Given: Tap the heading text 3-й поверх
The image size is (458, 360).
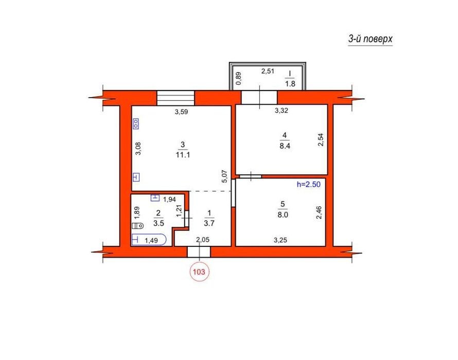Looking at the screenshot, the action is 370,39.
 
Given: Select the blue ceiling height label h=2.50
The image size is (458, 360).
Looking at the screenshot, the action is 308,184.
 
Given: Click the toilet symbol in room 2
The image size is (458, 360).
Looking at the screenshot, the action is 137,226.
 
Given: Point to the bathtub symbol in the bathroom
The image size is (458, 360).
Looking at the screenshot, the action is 149,240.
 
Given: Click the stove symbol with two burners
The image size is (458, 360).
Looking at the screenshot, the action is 136,124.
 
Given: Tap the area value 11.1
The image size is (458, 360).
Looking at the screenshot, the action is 183,155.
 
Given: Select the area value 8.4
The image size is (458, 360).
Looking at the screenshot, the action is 285,146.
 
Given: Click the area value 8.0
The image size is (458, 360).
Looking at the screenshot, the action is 283,214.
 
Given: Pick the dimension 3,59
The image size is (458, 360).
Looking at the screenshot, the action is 181,112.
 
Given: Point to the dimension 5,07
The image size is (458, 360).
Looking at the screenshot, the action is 224,176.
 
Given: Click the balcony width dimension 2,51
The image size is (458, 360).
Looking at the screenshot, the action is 268,71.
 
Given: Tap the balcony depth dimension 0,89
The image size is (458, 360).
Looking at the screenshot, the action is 239,78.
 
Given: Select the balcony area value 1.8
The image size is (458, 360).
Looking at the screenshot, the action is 290,84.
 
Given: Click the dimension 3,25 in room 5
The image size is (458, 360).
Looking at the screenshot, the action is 280,240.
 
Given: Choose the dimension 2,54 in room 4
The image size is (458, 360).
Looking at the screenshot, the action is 321,140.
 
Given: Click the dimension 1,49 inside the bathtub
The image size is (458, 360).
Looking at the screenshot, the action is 151,241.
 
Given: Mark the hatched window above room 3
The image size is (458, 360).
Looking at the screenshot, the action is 175,98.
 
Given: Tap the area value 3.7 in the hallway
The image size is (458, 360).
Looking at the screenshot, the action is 209,223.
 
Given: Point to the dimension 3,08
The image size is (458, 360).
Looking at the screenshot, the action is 138,148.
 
